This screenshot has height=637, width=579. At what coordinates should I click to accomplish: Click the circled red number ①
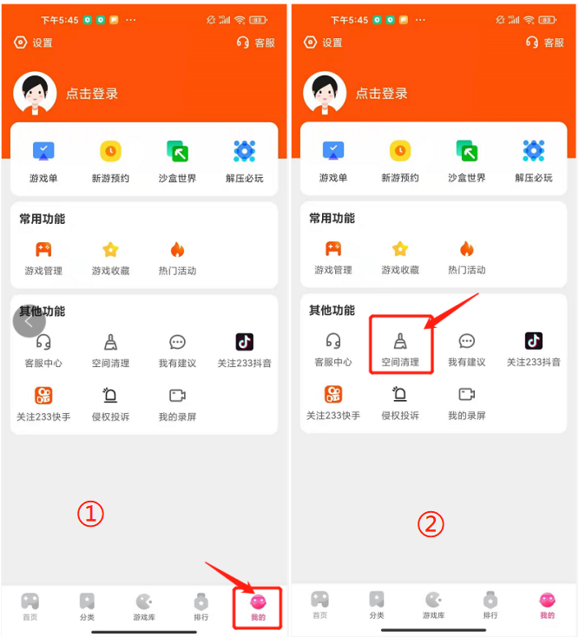(x=90, y=514)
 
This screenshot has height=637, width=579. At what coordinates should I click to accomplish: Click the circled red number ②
(x=431, y=523)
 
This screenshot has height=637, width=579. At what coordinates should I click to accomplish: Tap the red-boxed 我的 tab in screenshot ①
(x=258, y=607)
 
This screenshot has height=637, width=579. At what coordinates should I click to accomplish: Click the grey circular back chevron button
(x=30, y=321)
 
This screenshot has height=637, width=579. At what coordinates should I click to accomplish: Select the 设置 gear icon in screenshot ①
(x=20, y=43)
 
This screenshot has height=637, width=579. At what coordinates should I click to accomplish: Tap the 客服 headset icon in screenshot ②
(x=532, y=42)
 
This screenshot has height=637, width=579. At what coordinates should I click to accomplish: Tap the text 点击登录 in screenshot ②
(x=382, y=93)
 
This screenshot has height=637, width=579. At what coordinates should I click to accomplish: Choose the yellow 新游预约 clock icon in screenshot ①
(x=110, y=151)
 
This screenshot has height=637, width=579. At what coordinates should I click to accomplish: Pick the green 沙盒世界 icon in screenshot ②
(x=466, y=151)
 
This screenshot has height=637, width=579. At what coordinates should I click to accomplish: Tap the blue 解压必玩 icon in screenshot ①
(x=245, y=151)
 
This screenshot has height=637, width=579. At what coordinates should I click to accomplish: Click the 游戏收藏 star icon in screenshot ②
(x=400, y=248)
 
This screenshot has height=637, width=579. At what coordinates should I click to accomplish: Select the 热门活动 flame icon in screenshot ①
(x=178, y=249)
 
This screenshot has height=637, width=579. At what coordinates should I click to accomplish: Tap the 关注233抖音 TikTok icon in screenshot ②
(x=534, y=341)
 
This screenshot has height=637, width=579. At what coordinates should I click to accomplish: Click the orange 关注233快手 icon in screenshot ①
(x=43, y=395)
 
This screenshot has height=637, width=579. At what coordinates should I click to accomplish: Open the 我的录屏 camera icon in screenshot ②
(x=467, y=394)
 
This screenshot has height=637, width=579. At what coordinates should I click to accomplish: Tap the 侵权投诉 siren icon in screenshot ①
(x=110, y=395)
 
